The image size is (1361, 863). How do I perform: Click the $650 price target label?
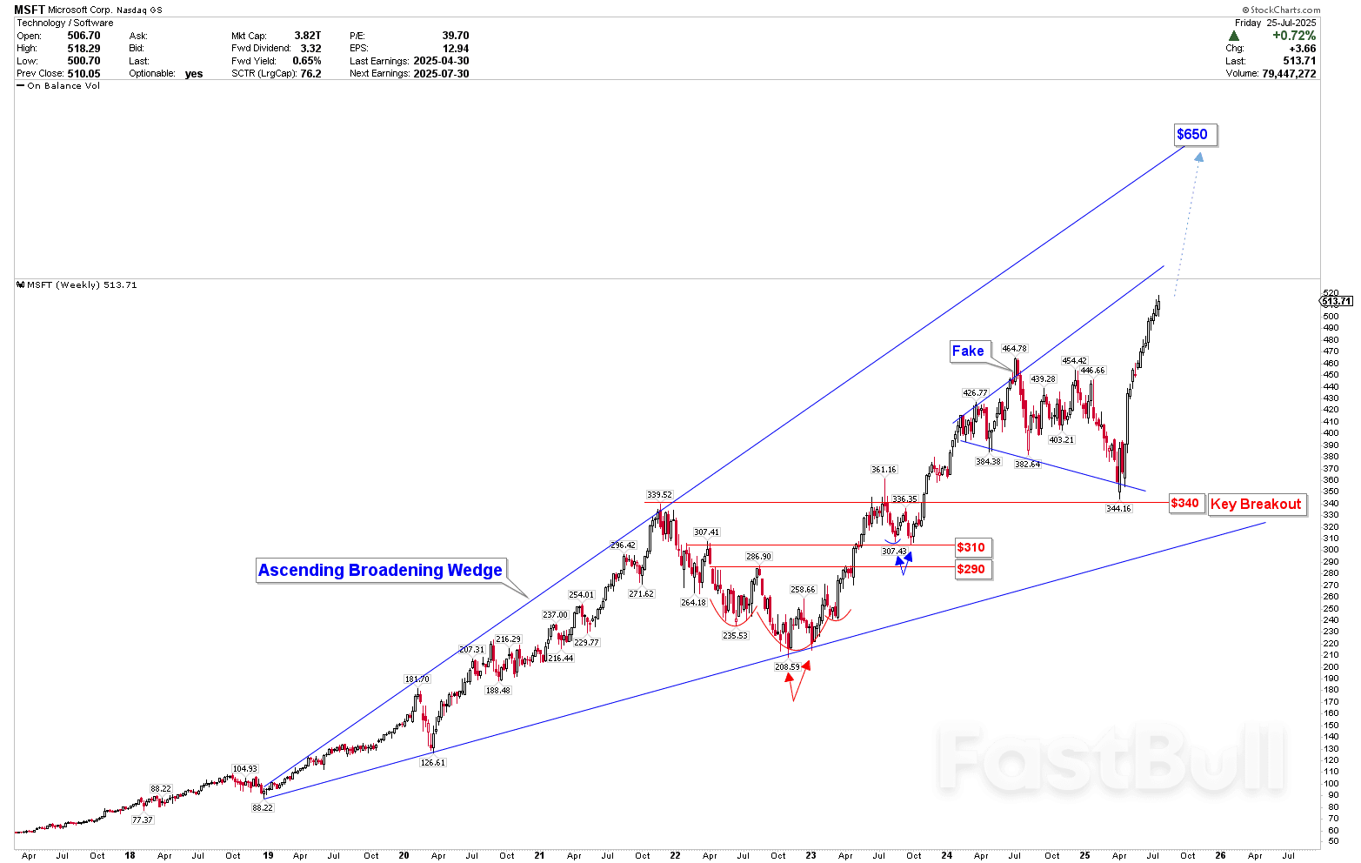click(1191, 135)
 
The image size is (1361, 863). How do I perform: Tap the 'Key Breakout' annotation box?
click(1256, 505)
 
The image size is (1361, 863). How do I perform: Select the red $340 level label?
click(1184, 503)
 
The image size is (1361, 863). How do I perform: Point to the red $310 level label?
click(971, 547)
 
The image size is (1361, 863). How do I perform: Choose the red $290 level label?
click(971, 570)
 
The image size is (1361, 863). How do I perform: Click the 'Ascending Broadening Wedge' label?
click(380, 571)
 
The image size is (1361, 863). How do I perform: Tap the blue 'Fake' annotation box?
click(968, 351)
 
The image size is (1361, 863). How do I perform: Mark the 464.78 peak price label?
click(1014, 349)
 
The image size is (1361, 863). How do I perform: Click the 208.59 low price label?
click(787, 667)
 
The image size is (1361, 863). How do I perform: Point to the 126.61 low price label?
click(432, 763)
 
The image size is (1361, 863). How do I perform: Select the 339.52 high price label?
click(659, 495)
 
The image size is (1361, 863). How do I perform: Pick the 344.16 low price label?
click(1118, 508)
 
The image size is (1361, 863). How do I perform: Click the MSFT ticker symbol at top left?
click(30, 10)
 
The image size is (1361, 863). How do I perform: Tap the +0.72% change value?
click(1294, 36)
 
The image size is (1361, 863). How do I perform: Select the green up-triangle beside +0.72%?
click(1233, 36)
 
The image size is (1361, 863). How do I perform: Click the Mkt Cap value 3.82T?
click(307, 36)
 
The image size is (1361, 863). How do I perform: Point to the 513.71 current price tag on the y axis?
click(1337, 301)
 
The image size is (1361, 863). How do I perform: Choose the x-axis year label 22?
click(676, 856)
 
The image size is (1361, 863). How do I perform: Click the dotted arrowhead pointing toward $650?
click(1198, 157)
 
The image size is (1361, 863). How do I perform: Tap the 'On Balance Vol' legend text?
click(63, 86)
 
